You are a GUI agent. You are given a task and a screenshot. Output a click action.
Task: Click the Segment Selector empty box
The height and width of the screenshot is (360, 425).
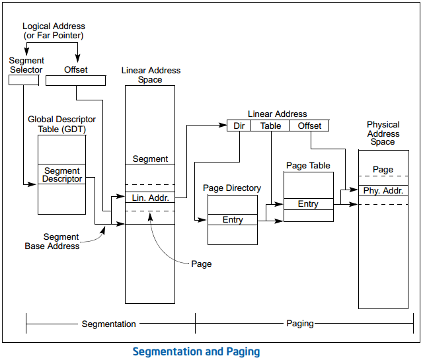24,81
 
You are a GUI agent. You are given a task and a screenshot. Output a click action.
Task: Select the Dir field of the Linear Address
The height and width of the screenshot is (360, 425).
239,126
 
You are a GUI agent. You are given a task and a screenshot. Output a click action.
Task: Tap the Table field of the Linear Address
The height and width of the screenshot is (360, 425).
270,126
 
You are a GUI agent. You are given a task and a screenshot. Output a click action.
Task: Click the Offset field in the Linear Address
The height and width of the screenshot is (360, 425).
309,126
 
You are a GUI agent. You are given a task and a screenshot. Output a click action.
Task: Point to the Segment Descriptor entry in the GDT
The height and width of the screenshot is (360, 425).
62,175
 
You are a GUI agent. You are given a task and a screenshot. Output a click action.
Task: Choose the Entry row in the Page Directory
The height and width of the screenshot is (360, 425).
233,220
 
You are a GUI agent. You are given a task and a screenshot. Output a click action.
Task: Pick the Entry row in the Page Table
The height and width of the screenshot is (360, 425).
308,204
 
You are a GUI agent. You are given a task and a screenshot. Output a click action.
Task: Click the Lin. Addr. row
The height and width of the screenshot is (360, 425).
150,198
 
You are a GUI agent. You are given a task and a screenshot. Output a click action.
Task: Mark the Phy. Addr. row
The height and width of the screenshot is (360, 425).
383,191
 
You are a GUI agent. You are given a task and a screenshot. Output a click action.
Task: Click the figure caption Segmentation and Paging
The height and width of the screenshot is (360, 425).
196,351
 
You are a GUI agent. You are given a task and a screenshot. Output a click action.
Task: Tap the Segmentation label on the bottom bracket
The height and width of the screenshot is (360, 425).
109,324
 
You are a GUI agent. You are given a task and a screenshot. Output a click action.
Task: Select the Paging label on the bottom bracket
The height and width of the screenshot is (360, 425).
300,324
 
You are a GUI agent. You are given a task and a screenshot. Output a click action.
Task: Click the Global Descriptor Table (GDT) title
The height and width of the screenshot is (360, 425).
62,124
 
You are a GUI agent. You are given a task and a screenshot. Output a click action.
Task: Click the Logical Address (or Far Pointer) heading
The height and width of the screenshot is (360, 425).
54,31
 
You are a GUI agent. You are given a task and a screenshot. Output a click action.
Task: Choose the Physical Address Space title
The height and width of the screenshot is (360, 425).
383,133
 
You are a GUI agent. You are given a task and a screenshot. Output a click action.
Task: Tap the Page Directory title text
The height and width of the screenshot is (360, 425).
232,188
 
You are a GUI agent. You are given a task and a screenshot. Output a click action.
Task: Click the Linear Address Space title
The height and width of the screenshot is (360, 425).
151,75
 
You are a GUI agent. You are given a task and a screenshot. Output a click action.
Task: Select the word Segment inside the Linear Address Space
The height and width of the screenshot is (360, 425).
150,159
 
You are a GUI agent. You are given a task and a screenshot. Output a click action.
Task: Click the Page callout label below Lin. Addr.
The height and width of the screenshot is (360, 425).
202,264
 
